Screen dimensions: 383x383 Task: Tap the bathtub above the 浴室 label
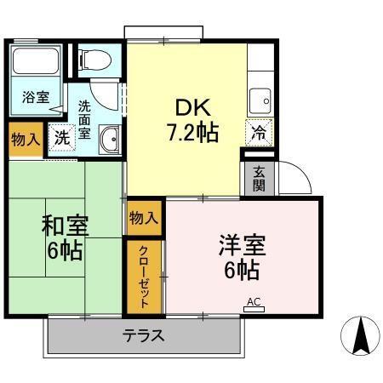click(35, 65)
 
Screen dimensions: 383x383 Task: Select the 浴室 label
click(35, 97)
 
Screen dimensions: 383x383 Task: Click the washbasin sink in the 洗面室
click(109, 140)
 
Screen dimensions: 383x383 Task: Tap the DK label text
click(191, 107)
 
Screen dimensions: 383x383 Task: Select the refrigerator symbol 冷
click(259, 132)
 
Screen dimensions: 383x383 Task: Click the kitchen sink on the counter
click(260, 100)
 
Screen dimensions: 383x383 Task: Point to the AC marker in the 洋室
click(253, 301)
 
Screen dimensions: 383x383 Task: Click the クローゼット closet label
click(145, 276)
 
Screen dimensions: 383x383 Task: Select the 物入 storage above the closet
click(143, 218)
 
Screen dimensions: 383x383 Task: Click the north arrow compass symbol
click(358, 336)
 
